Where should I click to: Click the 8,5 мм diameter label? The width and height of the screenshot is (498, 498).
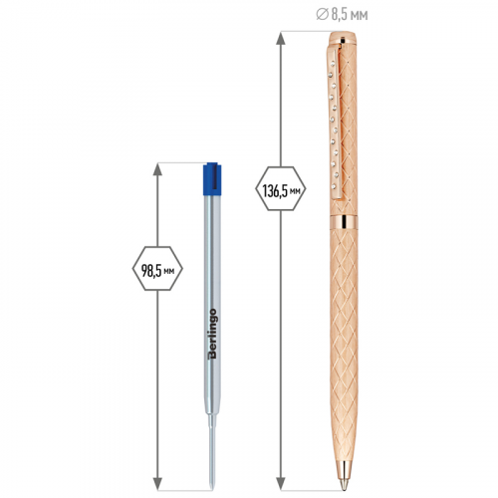[x=342, y=15]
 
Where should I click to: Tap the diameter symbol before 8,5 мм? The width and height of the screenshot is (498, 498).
[x=322, y=15]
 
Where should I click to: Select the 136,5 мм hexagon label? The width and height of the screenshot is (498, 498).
[x=281, y=188]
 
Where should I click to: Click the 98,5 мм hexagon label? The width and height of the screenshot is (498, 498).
[x=157, y=269]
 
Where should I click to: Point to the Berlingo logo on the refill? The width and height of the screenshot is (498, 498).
[x=212, y=334]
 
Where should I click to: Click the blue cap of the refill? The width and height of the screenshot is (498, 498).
[x=212, y=178]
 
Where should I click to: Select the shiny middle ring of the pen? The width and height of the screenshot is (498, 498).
[x=344, y=222]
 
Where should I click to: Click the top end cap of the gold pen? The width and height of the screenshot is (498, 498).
[x=343, y=37]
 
